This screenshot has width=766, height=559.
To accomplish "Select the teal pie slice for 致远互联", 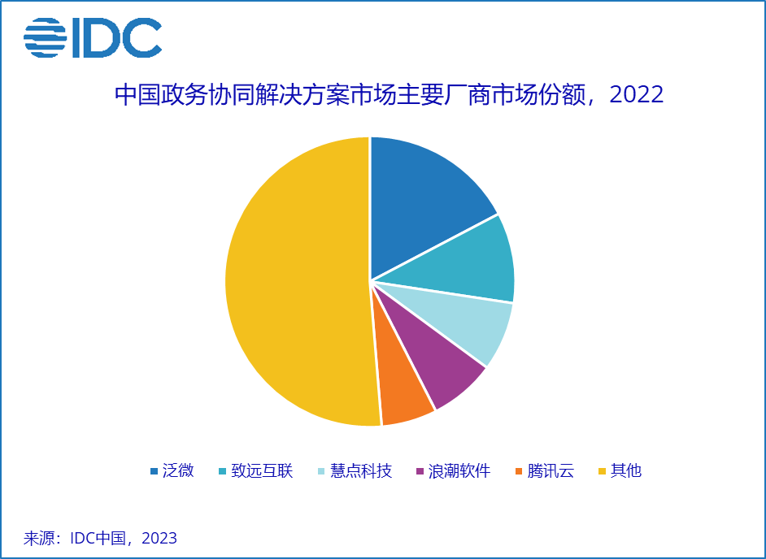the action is click(x=469, y=261).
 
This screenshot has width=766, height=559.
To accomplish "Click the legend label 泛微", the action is click(x=178, y=470).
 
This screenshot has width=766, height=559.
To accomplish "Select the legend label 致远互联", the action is click(x=262, y=470).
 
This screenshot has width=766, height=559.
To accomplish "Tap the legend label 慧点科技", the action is click(x=361, y=470).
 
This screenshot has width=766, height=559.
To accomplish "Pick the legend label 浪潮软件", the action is click(x=459, y=470).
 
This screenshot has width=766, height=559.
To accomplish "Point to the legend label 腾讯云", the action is click(x=550, y=470).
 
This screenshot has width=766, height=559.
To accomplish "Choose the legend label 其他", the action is click(x=626, y=470).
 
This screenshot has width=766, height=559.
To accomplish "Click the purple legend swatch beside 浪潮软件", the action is click(x=420, y=471).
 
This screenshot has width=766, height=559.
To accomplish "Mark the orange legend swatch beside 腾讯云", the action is click(x=518, y=471).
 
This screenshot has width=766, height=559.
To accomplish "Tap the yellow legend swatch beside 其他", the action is click(x=602, y=471).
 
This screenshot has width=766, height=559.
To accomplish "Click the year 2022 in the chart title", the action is click(x=637, y=94).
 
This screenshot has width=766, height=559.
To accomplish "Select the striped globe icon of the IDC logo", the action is click(x=45, y=37).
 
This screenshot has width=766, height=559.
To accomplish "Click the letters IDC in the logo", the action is click(x=117, y=37).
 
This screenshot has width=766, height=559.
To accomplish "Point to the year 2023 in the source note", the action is click(x=159, y=538).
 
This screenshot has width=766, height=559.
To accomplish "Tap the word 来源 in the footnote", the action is click(x=38, y=538).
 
